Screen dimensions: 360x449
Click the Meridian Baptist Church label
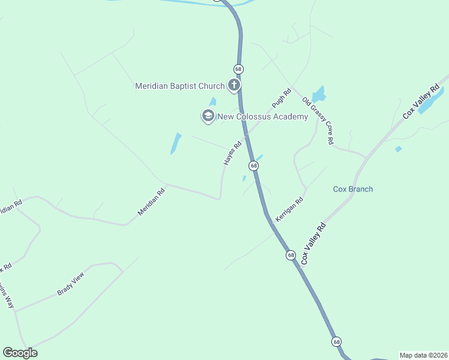click(x=179, y=86)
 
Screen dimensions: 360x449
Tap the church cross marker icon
click(x=234, y=86)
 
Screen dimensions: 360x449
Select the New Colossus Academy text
click(x=262, y=116)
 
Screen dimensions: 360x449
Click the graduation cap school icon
click(x=208, y=116)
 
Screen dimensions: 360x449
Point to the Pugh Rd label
click(x=281, y=98)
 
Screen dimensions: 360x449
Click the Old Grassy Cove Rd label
click(x=318, y=121)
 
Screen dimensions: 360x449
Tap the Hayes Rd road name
click(x=232, y=153)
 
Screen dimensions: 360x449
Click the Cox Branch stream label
click(x=353, y=189)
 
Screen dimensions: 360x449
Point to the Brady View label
click(x=71, y=284)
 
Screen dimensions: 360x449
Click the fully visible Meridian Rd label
click(x=151, y=202)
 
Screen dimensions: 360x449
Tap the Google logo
click(x=20, y=353)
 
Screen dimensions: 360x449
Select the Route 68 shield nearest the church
click(x=238, y=69)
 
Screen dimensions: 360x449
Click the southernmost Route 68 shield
click(x=336, y=341)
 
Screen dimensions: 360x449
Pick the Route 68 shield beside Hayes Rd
click(x=254, y=166)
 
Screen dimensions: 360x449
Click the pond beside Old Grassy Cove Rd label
click(x=318, y=94)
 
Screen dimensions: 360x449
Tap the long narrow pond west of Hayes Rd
click(x=176, y=143)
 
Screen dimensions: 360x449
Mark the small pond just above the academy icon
click(x=212, y=102)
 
